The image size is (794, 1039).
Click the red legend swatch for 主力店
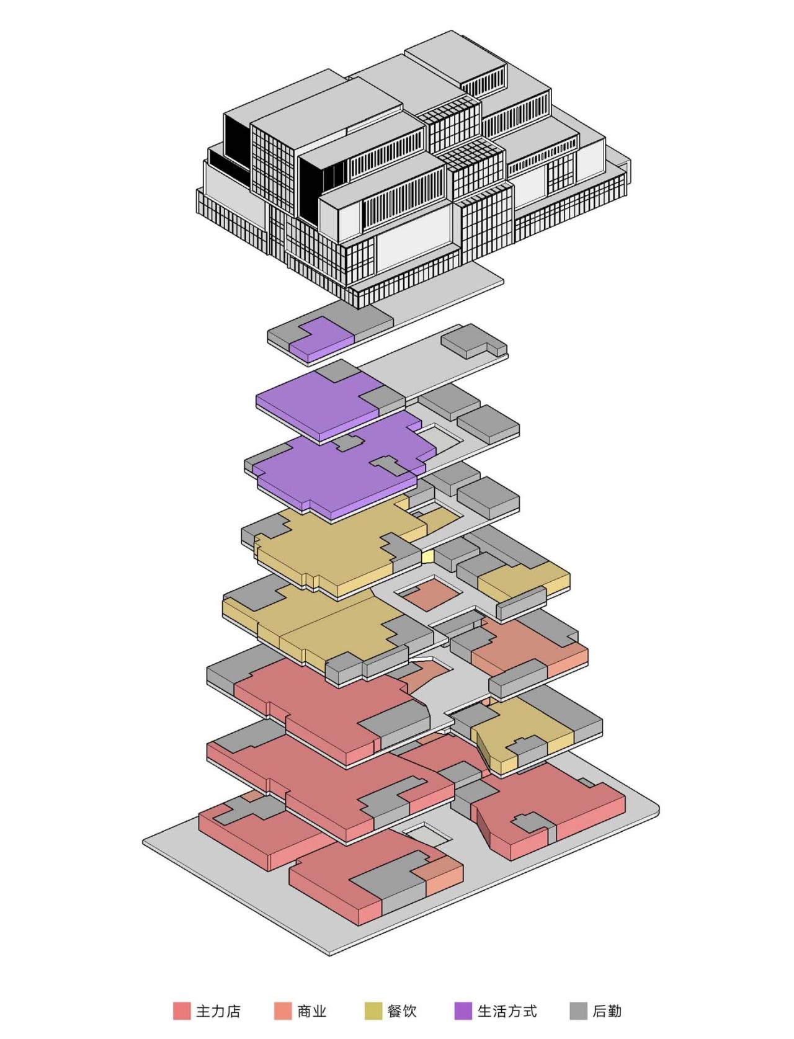(x=182, y=1011)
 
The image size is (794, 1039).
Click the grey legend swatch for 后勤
(x=578, y=1011)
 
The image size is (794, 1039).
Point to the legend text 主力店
(x=218, y=1011)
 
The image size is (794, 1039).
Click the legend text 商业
(x=312, y=1011)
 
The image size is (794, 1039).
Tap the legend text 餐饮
(x=402, y=1011)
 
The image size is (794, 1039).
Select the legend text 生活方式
(x=507, y=1011)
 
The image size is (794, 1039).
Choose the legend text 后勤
(x=607, y=1011)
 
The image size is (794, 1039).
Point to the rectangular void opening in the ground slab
(x=426, y=833)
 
